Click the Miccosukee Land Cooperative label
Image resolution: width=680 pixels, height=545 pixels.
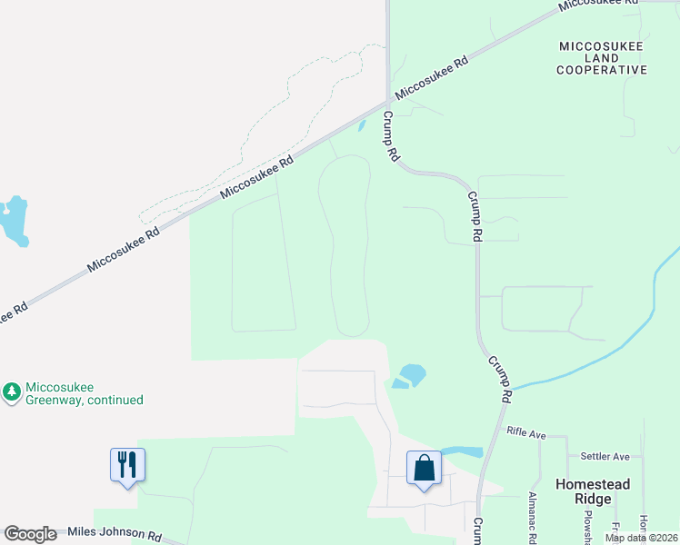tap(602, 57)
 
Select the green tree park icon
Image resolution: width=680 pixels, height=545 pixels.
tap(12, 392)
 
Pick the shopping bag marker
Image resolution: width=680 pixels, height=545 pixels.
tap(424, 469)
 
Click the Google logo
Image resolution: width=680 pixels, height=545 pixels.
tap(31, 534)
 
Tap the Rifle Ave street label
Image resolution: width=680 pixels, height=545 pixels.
tap(526, 434)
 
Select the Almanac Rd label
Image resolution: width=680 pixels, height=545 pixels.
tap(533, 518)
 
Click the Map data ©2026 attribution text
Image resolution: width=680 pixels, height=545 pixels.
tap(641, 538)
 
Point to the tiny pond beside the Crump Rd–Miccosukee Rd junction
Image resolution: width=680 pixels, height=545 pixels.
tap(362, 126)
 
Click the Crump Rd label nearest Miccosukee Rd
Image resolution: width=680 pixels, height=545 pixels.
tap(391, 136)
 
